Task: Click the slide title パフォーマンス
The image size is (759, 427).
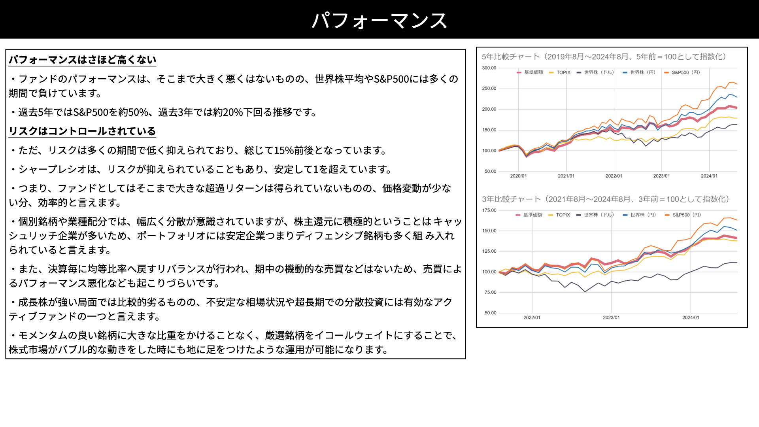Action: (x=379, y=20)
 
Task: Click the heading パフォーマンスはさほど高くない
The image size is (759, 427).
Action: (x=83, y=60)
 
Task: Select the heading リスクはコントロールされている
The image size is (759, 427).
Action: (x=82, y=131)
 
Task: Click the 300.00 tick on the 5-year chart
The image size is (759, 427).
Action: (x=489, y=68)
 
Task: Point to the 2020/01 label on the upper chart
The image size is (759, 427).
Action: (x=518, y=176)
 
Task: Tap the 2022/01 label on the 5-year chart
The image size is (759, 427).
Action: (x=614, y=176)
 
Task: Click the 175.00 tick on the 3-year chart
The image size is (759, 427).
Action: (x=489, y=210)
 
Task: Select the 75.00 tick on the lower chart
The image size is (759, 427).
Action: (x=490, y=293)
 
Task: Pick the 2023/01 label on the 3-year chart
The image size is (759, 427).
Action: (x=611, y=317)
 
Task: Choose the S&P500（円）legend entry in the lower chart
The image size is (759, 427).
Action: (x=683, y=215)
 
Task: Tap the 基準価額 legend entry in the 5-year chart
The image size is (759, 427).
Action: (x=530, y=72)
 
